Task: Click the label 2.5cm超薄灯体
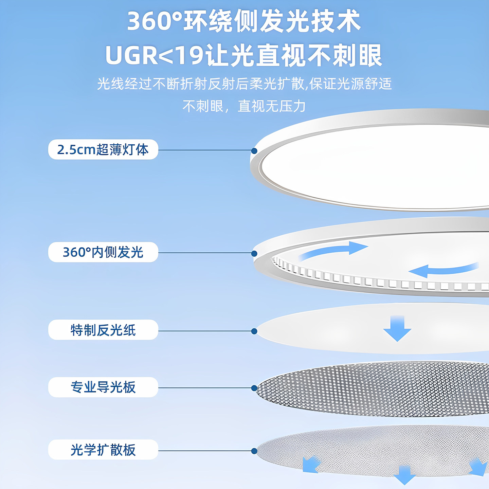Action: tap(103, 149)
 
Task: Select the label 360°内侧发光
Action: tap(103, 252)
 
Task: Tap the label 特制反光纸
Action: tap(103, 330)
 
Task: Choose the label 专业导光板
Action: tap(103, 387)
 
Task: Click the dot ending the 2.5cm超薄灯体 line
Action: tap(254, 151)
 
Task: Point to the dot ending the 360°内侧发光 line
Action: tap(254, 253)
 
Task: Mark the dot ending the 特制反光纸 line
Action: tap(254, 331)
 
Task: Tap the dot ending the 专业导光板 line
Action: tap(254, 388)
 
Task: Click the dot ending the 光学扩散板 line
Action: tap(254, 451)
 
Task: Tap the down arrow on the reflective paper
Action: tap(397, 328)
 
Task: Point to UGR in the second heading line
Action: tap(132, 55)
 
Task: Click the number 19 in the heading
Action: tap(192, 55)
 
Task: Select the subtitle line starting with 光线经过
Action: tap(244, 84)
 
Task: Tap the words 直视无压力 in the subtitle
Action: tap(272, 106)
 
